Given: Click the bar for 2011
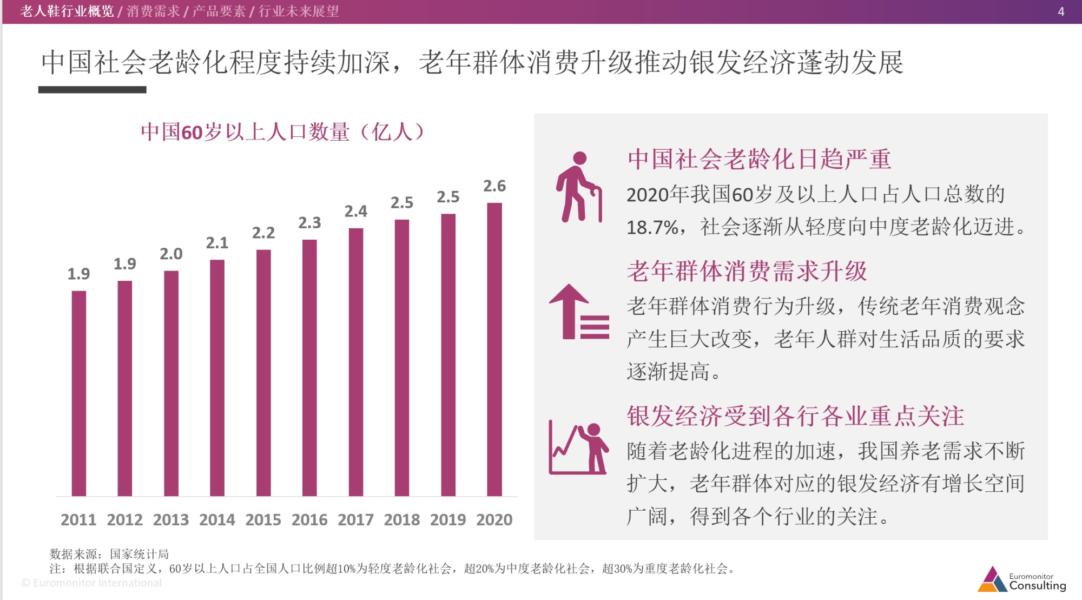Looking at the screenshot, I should [x=79, y=393].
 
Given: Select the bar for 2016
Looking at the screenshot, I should [x=309, y=368].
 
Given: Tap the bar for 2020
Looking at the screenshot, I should [x=494, y=350].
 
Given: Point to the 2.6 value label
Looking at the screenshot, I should [x=494, y=186].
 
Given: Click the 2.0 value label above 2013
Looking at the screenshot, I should [x=171, y=254].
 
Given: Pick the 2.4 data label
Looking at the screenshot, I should [x=356, y=211].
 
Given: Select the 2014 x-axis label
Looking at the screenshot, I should [x=217, y=519].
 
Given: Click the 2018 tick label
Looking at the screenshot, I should [x=402, y=519].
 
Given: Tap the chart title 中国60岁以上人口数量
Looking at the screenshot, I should [x=282, y=132].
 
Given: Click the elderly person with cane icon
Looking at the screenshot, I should [x=579, y=187].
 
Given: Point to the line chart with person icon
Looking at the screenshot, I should [x=578, y=449].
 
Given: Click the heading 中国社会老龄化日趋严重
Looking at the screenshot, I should [x=759, y=159].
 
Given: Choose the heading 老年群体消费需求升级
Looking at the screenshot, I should [x=747, y=271].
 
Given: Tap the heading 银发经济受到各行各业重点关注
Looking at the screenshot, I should [x=795, y=416].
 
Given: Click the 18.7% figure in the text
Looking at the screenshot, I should [x=652, y=227].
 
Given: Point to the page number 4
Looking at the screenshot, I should [x=1061, y=11].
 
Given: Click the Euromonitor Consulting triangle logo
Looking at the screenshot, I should [x=992, y=579].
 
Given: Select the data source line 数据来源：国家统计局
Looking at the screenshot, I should [x=109, y=554].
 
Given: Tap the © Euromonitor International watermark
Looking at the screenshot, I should [x=91, y=583].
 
